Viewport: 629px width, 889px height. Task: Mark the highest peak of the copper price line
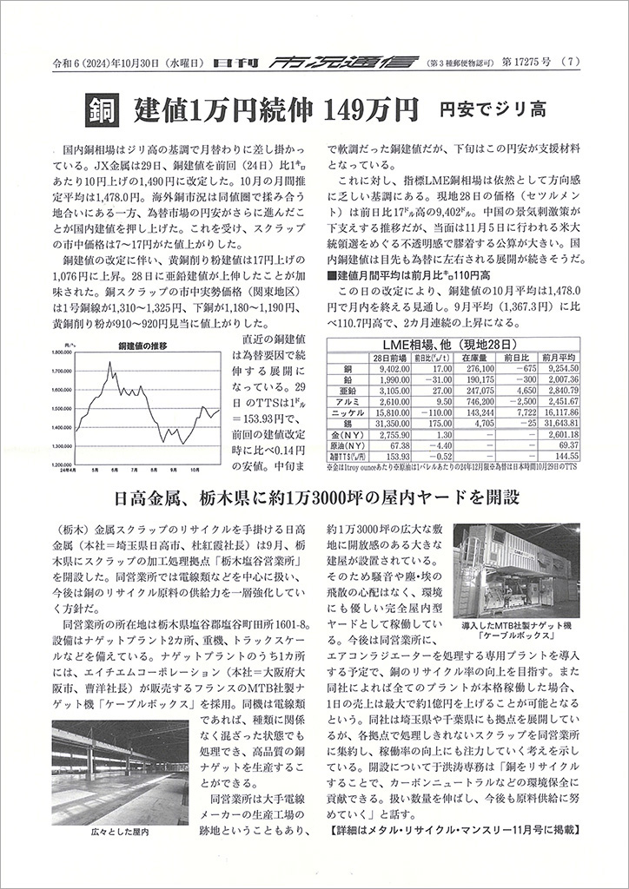pos(110,362)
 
